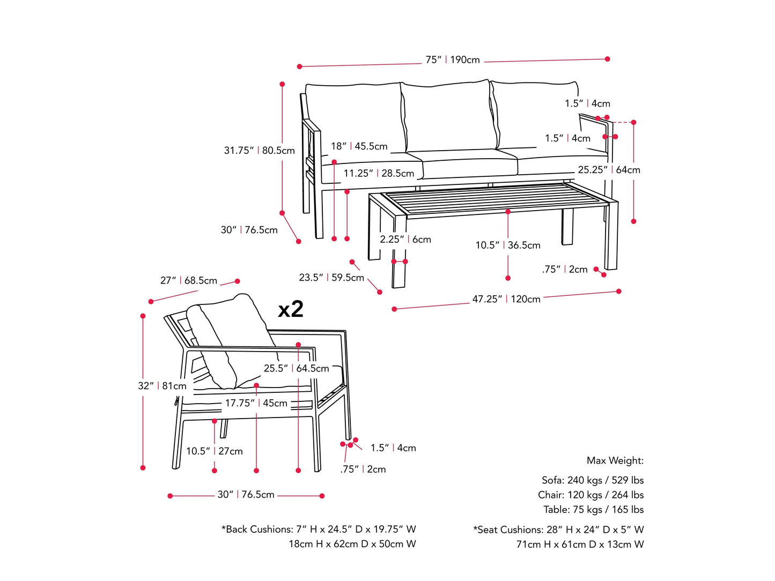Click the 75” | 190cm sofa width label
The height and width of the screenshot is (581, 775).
click(453, 60)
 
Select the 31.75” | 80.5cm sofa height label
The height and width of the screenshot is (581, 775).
click(259, 151)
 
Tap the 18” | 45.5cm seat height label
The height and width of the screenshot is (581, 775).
click(359, 146)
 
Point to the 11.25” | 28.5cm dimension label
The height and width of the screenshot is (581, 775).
click(379, 173)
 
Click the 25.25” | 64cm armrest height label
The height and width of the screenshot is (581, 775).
click(609, 170)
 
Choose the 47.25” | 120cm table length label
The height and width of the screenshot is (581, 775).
click(506, 299)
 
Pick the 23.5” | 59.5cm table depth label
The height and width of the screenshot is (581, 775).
click(331, 278)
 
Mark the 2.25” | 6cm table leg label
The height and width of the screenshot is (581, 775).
click(405, 240)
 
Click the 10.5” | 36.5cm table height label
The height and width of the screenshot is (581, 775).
click(507, 245)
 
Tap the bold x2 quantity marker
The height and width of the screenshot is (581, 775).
click(291, 309)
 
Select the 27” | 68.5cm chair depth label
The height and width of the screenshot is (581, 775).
click(189, 281)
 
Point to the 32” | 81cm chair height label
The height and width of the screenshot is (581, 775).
click(162, 386)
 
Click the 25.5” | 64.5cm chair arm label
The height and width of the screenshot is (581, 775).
click(296, 369)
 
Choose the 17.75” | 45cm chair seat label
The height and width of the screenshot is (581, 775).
click(256, 403)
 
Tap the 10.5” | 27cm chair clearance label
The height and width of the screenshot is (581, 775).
click(214, 451)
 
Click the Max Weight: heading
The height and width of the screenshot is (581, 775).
click(615, 460)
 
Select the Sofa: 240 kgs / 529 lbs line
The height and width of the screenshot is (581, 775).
click(592, 480)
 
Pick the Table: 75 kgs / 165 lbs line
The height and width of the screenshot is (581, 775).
click(593, 510)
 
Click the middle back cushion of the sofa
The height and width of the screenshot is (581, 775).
click(448, 115)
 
